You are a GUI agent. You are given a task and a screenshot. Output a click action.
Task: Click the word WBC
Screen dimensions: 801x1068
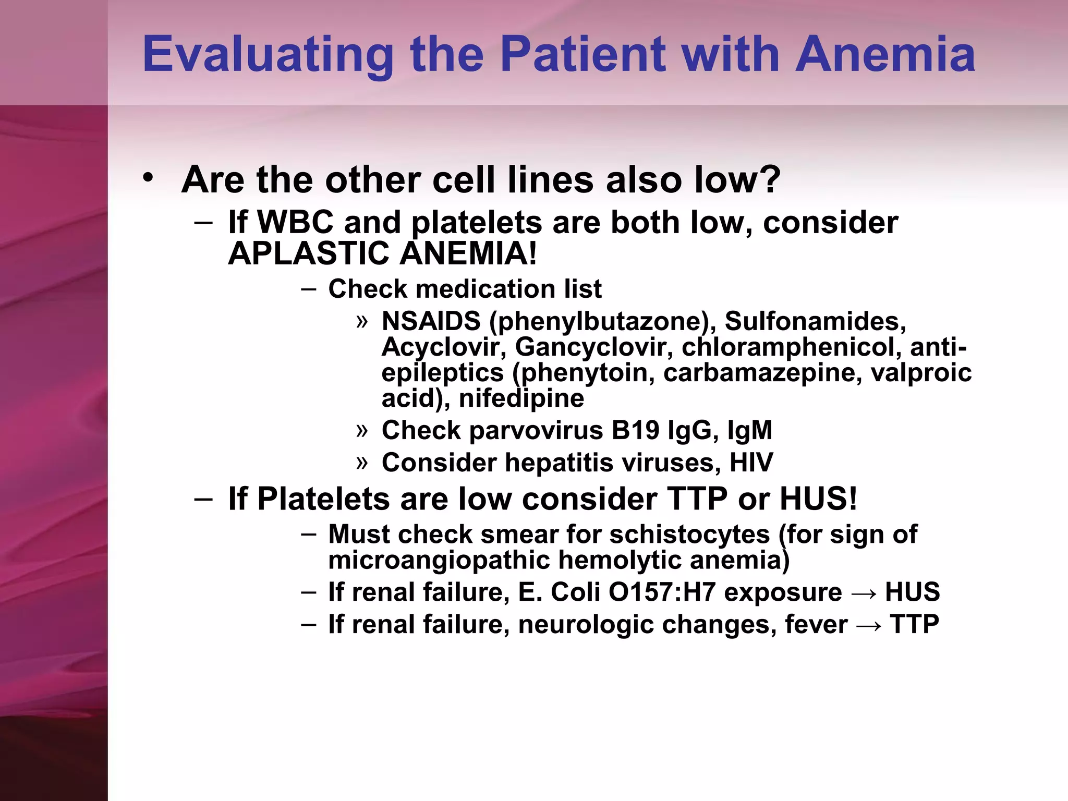295,222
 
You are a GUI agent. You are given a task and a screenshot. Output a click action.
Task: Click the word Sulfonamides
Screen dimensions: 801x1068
815,321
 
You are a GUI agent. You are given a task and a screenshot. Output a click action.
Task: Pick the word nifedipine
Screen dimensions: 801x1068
521,398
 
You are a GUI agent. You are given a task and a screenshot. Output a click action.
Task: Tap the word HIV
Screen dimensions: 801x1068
751,462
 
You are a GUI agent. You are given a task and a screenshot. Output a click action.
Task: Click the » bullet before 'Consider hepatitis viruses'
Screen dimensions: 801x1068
362,462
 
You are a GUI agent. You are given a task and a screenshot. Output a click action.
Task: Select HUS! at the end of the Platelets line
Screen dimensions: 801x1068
818,499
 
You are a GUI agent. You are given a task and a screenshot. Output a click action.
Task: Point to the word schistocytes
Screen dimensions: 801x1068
689,534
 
